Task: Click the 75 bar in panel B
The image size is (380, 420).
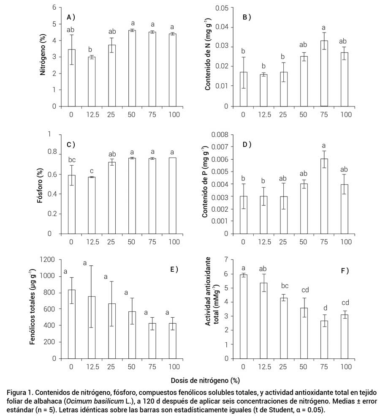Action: coord(324,74)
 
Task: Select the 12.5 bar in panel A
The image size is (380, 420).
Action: coord(92,82)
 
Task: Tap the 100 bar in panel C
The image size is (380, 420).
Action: coord(173,196)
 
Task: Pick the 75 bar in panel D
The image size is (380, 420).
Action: coord(324,196)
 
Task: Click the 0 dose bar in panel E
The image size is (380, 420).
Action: coord(71,324)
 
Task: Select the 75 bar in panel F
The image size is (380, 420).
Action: coord(324,340)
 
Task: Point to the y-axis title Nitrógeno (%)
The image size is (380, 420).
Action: coord(43,55)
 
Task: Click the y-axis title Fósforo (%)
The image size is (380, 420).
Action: coord(40,185)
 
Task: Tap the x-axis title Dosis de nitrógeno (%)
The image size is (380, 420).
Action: coord(205,380)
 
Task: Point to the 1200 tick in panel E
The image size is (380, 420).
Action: coord(47,259)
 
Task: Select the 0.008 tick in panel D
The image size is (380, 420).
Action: coord(220,134)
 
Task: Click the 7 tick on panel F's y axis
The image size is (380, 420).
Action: coord(226,259)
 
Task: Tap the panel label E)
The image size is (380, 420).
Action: coord(174,270)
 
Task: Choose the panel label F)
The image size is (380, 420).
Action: coord(345,271)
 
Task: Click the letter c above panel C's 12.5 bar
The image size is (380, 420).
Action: coord(92,171)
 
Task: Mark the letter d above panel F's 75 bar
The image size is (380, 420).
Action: coord(326,308)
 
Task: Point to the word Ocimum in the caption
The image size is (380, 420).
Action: coord(78,401)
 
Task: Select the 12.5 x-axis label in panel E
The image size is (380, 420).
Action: coord(92,367)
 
